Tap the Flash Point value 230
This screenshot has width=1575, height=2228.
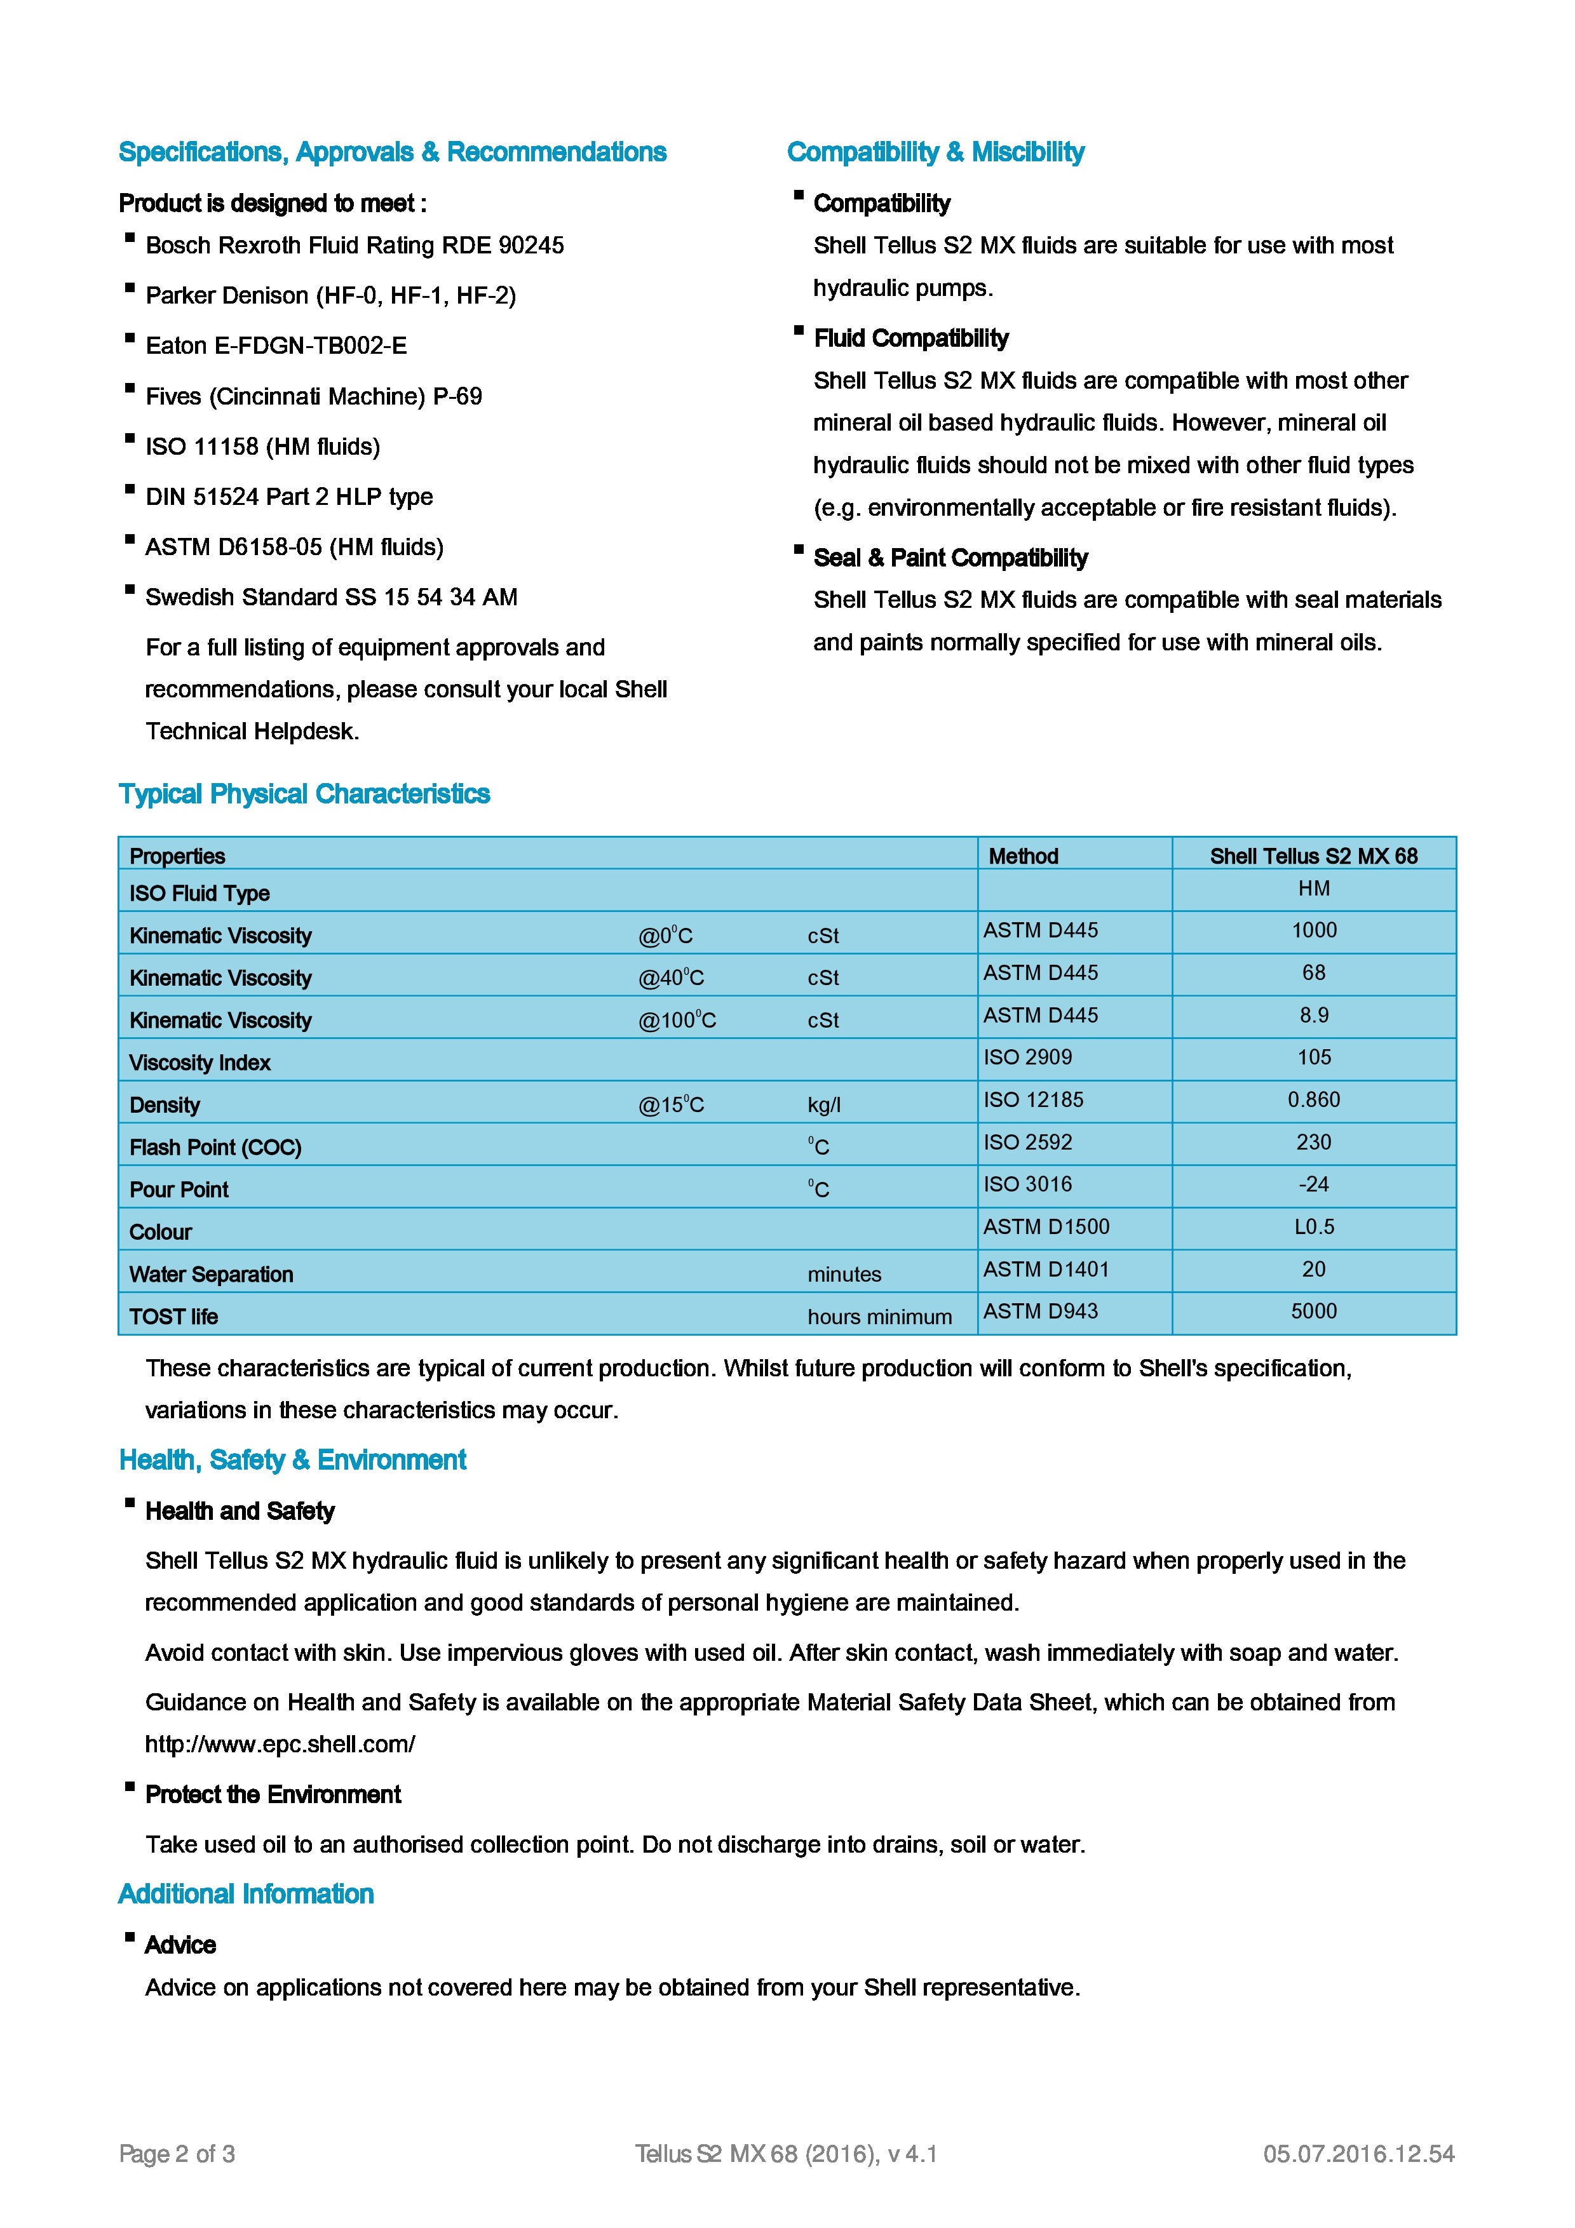(1313, 1142)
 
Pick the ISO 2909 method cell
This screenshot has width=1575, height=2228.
(1028, 1057)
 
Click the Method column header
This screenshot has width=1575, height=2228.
(1023, 856)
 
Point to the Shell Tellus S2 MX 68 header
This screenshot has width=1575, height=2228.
(1313, 856)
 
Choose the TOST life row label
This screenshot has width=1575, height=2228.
(173, 1317)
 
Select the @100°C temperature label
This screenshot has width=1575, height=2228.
(677, 1020)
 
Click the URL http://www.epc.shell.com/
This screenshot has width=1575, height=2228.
(280, 1744)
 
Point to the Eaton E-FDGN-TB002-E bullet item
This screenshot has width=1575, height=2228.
(276, 346)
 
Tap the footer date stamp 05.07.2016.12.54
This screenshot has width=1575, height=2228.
(1358, 2154)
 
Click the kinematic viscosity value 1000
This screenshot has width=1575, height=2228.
(1313, 930)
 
